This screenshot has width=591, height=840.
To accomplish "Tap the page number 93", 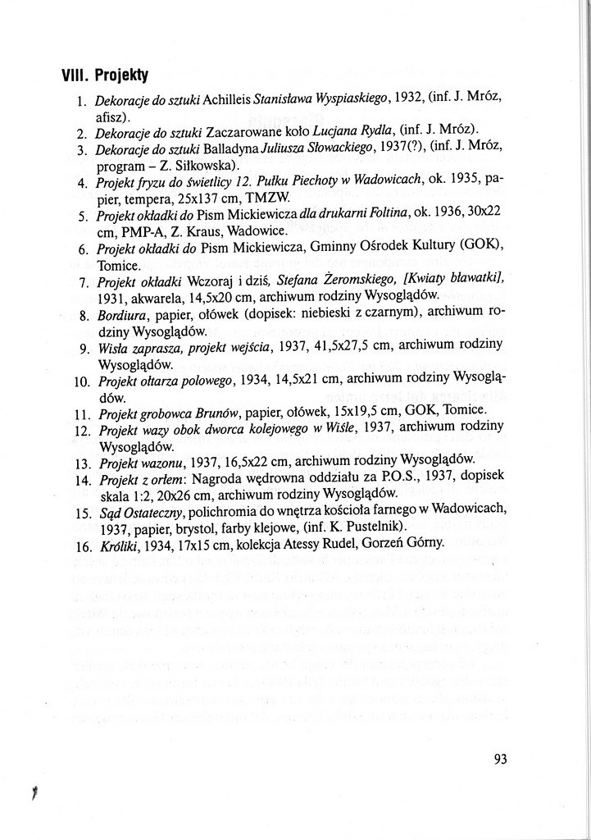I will click(501, 759).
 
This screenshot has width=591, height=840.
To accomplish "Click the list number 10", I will click(81, 381).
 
